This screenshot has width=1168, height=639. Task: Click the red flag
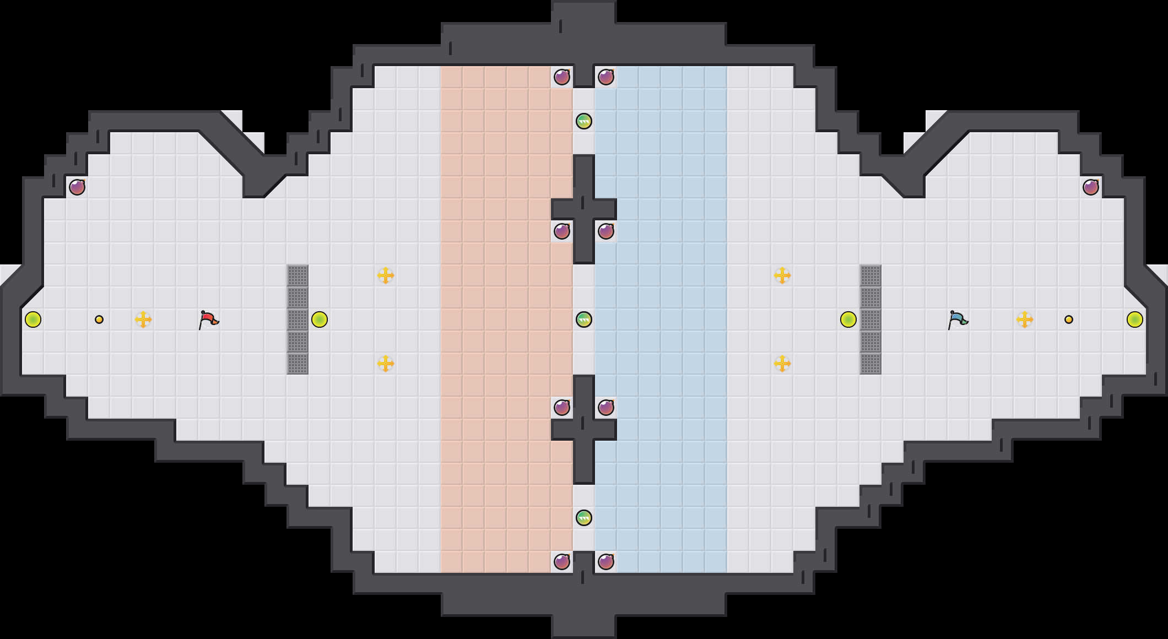[208, 319]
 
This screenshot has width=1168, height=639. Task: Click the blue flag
[958, 319]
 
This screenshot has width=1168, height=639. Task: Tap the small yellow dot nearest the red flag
[99, 319]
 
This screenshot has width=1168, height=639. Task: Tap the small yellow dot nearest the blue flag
[1069, 319]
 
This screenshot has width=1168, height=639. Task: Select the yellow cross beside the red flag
[143, 319]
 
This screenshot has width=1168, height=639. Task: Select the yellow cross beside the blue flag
[1025, 319]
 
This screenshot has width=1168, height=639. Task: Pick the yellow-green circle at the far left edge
[33, 319]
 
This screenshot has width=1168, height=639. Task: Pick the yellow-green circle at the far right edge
[1135, 319]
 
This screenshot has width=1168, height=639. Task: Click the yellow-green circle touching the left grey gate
[320, 319]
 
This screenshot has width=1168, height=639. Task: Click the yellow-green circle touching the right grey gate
[848, 319]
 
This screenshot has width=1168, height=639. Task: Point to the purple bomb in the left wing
[77, 187]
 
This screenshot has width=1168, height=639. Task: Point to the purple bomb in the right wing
[1091, 187]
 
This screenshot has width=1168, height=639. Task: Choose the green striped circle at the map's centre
[584, 319]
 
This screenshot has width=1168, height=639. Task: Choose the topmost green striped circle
[584, 121]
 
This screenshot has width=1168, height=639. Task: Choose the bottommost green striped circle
[584, 518]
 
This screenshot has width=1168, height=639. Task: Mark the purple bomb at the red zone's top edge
[562, 77]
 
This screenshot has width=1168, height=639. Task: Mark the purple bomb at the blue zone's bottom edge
[606, 562]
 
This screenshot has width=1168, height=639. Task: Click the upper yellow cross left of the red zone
[386, 275]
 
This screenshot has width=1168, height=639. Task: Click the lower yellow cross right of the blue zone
[782, 364]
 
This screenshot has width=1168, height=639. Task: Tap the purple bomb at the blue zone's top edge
[606, 77]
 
